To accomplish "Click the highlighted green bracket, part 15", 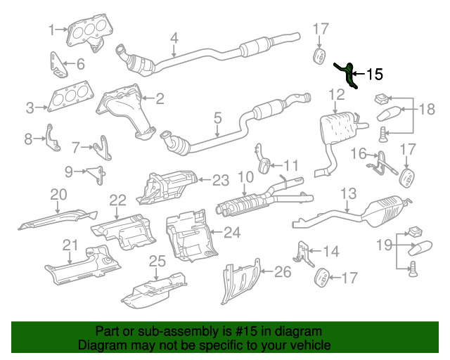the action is click(x=349, y=75).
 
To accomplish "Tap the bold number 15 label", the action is click(x=375, y=75).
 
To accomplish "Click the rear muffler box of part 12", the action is click(x=337, y=127).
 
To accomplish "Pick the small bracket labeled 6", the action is click(x=58, y=65).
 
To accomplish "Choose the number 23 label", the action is click(x=221, y=181).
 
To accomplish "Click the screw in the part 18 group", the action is click(x=382, y=134).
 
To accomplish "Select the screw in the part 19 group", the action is click(x=413, y=269).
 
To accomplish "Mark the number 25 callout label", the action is click(x=157, y=261).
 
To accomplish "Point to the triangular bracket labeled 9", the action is click(x=97, y=174).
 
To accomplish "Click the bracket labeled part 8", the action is click(x=53, y=138).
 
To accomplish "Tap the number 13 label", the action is click(x=349, y=194).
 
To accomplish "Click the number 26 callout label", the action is click(x=283, y=271).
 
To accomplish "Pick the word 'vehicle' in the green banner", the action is click(x=312, y=345).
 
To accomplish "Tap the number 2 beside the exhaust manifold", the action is click(x=160, y=98).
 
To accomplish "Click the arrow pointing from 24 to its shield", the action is click(x=216, y=232).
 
